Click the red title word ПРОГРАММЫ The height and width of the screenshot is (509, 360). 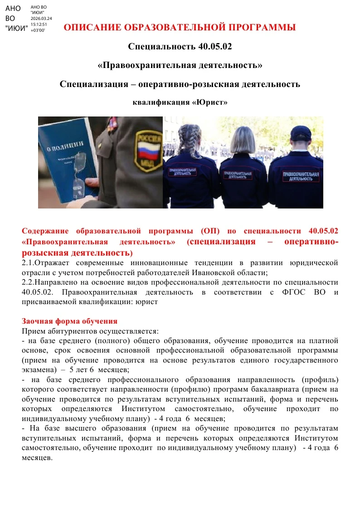pos(258,28)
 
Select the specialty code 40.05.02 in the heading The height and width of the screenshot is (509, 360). pos(215,46)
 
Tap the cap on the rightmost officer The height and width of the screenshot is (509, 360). pos(301,133)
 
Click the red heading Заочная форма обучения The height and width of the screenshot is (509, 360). pos(69,321)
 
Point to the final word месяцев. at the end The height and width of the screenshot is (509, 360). pos(37,457)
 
